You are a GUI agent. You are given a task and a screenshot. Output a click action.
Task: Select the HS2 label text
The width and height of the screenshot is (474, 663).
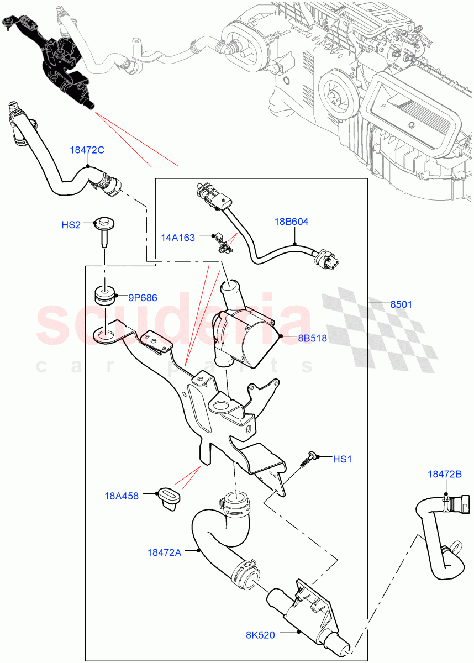click(71, 225)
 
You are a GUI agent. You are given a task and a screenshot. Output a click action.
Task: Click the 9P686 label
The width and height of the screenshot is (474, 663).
click(143, 298)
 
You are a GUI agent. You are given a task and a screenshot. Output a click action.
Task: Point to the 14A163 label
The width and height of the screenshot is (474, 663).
click(178, 238)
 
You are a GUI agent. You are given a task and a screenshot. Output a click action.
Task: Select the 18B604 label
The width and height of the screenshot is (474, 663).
click(291, 222)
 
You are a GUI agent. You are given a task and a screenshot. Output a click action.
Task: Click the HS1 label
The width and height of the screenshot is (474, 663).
click(342, 459)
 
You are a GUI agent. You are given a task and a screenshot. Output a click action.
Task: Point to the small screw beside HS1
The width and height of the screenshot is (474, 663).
click(308, 459)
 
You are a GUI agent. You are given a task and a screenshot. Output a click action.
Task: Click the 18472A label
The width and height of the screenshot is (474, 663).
click(164, 551)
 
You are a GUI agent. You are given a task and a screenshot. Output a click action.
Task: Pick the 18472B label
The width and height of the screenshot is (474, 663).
click(445, 473)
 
